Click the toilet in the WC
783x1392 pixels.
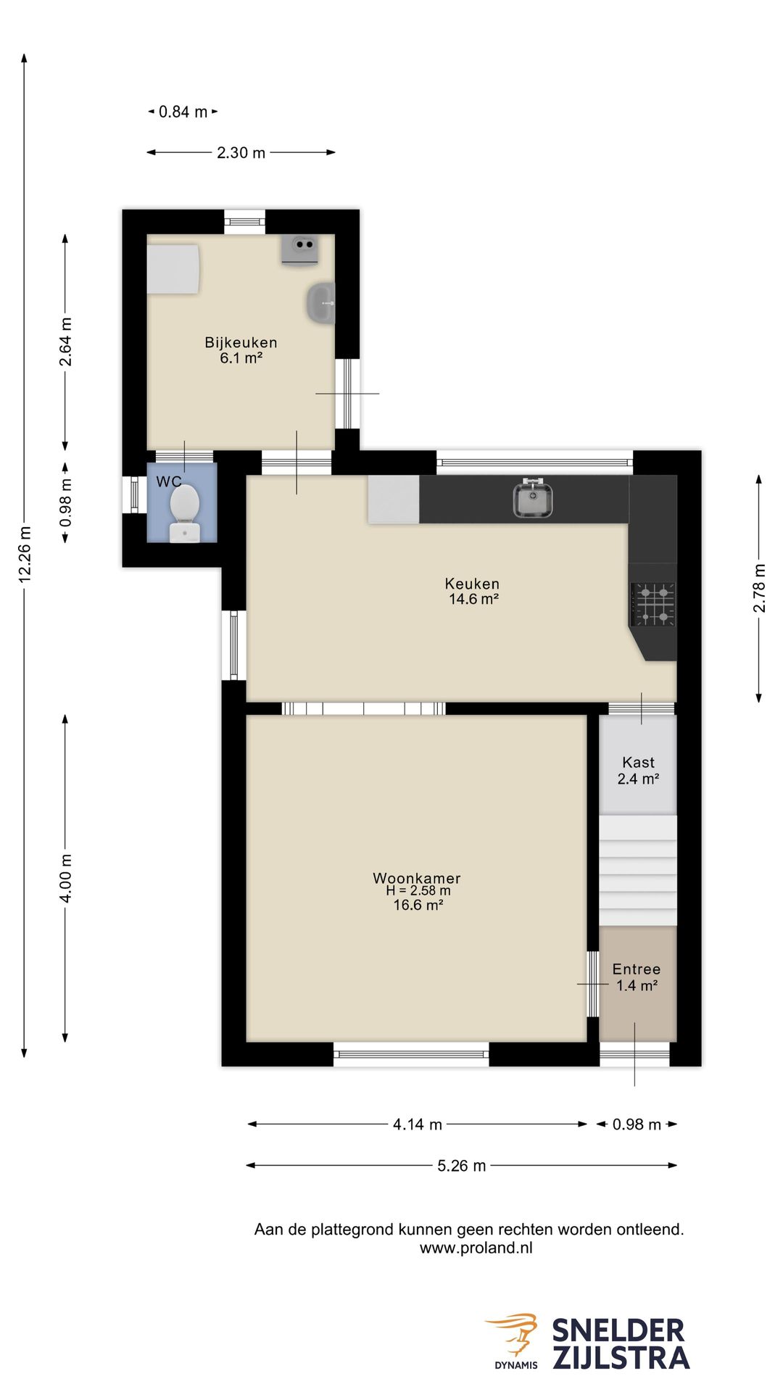coord(185,513)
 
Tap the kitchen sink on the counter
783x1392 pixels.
coord(533,499)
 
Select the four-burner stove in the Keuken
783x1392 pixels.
coord(653,604)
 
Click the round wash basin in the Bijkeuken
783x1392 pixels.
coord(320,303)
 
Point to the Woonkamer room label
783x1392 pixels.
coord(417,878)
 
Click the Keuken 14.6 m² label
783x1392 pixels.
coord(473,591)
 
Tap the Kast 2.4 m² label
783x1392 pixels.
coord(638,771)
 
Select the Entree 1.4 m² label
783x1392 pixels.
coord(637,977)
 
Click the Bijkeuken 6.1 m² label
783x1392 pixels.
coord(241,349)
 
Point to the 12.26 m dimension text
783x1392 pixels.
coord(25,555)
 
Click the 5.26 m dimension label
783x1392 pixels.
coord(462,1166)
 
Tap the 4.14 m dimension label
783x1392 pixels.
coord(418,1124)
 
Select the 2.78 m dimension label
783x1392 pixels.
coord(759,588)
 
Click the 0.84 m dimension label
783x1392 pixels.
coord(183,112)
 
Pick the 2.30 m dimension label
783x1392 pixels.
coord(241,153)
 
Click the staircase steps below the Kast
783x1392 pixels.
coord(638,871)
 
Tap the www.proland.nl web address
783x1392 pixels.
coord(476,1248)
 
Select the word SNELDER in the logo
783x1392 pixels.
coord(618,1331)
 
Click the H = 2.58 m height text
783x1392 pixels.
coord(418,891)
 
